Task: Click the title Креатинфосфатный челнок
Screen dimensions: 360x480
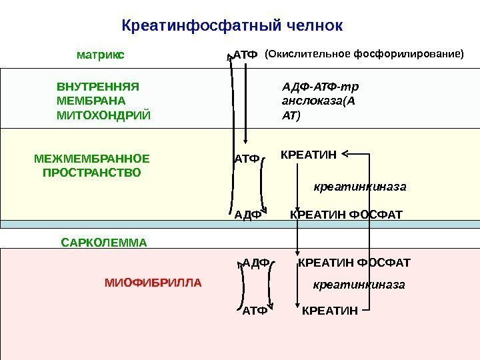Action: [x=233, y=25]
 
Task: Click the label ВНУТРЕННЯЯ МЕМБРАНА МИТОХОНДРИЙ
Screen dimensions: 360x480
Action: [x=103, y=101]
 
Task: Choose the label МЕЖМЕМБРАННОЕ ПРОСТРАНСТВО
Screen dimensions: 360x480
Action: [x=92, y=165]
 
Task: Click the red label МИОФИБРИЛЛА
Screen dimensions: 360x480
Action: [x=153, y=283]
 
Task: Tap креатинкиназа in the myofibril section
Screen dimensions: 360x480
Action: [x=359, y=285]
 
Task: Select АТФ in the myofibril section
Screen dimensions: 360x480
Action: [x=254, y=310]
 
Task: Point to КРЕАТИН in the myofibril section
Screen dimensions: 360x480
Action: [x=330, y=310]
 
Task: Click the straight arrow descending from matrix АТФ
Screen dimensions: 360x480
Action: [x=245, y=100]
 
